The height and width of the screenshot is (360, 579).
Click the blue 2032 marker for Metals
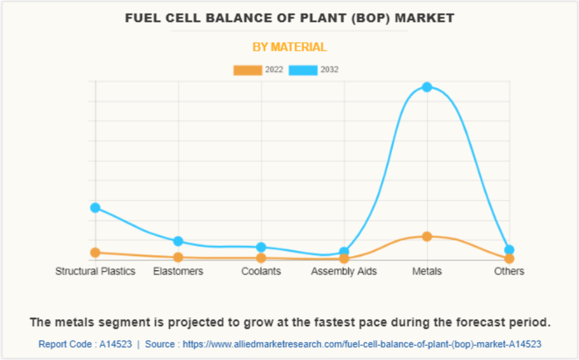coord(427,87)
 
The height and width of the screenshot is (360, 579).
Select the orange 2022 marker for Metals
coord(427,237)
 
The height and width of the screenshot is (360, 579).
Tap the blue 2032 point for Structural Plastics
coord(95,207)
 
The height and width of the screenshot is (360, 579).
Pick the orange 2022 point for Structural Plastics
coord(95,252)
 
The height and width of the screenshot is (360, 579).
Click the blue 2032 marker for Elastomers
coord(178,241)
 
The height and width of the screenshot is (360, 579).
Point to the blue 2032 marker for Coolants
coord(261,247)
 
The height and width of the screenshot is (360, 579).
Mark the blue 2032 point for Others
coord(509,250)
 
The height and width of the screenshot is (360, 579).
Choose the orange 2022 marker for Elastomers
coord(178,257)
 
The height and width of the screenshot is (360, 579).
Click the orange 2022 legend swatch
coord(248,70)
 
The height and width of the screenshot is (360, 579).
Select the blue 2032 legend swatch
coord(303,70)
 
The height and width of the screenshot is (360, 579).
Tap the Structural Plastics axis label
coord(95,271)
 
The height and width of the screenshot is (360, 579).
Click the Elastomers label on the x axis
coord(178,271)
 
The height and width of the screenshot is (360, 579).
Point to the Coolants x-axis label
coord(261,271)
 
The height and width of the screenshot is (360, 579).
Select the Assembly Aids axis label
coord(344,271)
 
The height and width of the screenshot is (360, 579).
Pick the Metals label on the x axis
coord(427,271)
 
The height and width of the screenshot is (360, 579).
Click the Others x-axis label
coord(509,271)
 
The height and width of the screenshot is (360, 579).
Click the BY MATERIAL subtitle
coord(289,47)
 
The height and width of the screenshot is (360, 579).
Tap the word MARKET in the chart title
coord(425,18)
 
